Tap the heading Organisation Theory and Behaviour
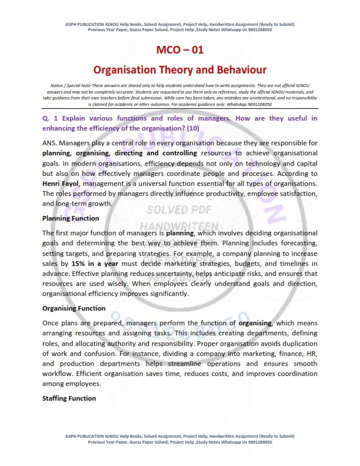click(x=179, y=69)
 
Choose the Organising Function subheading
click(x=74, y=308)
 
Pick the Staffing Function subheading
click(x=69, y=398)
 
